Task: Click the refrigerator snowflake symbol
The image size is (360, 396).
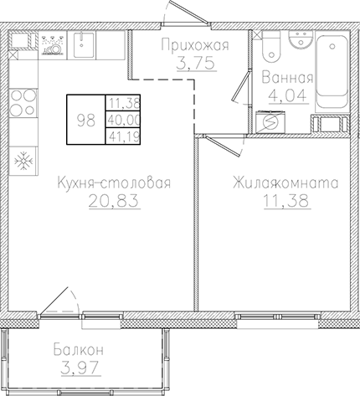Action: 24,158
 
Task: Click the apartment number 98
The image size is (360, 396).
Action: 85,119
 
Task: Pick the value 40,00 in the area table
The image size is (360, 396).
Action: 121,119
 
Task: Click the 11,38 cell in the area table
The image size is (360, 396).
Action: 121,104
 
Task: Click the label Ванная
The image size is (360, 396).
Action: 287,79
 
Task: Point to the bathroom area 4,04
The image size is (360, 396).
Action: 287,95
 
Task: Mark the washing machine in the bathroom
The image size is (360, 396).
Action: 271,121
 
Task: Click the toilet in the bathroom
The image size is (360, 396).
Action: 270,49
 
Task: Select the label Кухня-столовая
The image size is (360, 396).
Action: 114,183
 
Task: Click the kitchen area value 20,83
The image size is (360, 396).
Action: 114,202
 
